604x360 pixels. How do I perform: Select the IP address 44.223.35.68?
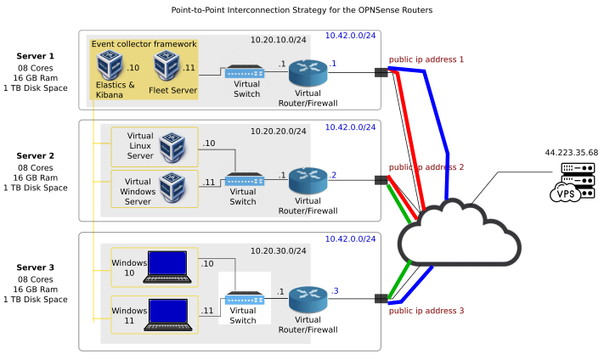click(x=571, y=153)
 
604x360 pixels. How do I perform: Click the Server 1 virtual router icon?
click(x=307, y=72)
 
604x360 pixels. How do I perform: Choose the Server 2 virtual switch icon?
click(x=242, y=180)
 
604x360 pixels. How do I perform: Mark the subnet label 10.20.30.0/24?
click(x=279, y=251)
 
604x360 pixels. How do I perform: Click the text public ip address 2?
click(x=426, y=167)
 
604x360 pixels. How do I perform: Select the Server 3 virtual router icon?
click(x=307, y=299)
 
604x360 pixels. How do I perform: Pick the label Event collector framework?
click(x=144, y=44)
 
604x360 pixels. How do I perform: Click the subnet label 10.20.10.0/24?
click(x=279, y=40)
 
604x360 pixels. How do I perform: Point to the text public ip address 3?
click(x=426, y=311)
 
